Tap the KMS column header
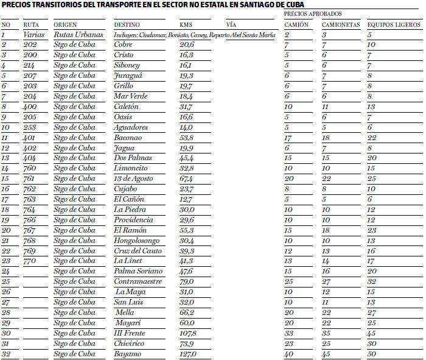click(x=186, y=25)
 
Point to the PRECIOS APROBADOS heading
click(x=313, y=13)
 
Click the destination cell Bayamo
click(x=128, y=353)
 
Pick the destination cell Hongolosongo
click(x=136, y=240)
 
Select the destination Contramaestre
click(x=137, y=281)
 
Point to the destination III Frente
click(x=130, y=333)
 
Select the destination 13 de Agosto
click(x=134, y=178)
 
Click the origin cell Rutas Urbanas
click(x=74, y=35)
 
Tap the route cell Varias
click(x=34, y=35)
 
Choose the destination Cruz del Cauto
click(x=138, y=250)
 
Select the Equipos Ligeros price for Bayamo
click(x=371, y=353)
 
